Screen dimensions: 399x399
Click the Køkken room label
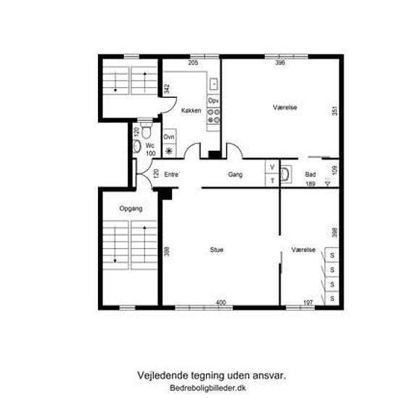(x=191, y=111)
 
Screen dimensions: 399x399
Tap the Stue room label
(x=217, y=250)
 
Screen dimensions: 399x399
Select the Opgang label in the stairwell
(x=131, y=209)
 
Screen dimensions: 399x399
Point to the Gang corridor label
(x=235, y=175)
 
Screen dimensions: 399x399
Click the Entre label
(x=172, y=175)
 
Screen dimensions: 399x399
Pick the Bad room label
(x=310, y=175)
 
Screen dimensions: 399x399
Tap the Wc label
(x=150, y=146)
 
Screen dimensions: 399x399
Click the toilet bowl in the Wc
(x=146, y=131)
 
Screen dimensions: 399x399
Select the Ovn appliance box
(x=169, y=137)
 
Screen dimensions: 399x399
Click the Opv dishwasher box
(x=213, y=101)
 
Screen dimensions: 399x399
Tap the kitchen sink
(x=213, y=84)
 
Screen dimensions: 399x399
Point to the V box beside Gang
(x=272, y=167)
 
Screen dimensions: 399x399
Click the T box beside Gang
(x=272, y=181)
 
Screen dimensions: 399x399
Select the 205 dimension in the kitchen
(x=193, y=62)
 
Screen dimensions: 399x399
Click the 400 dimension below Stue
(x=221, y=303)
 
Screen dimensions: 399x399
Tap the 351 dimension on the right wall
(x=335, y=111)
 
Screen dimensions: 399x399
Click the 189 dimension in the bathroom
(x=310, y=184)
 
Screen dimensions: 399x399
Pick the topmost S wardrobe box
(x=332, y=255)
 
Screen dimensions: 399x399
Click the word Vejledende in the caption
(x=163, y=376)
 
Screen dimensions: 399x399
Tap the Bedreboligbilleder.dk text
(x=207, y=388)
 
